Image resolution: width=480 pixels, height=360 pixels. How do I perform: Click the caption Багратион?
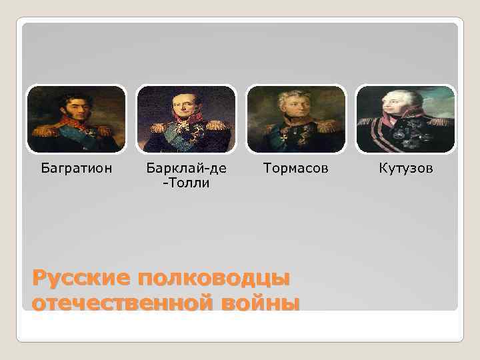click(76, 168)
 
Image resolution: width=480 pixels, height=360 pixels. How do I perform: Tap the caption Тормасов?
click(296, 168)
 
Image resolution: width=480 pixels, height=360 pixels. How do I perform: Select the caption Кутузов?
click(406, 168)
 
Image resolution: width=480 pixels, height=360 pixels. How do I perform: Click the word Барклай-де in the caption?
click(187, 168)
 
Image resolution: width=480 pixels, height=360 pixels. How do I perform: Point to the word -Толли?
click(187, 183)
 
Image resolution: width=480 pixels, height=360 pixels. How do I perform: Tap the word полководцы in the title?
click(213, 277)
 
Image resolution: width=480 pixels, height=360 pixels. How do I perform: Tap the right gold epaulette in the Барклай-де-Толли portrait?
click(217, 125)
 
